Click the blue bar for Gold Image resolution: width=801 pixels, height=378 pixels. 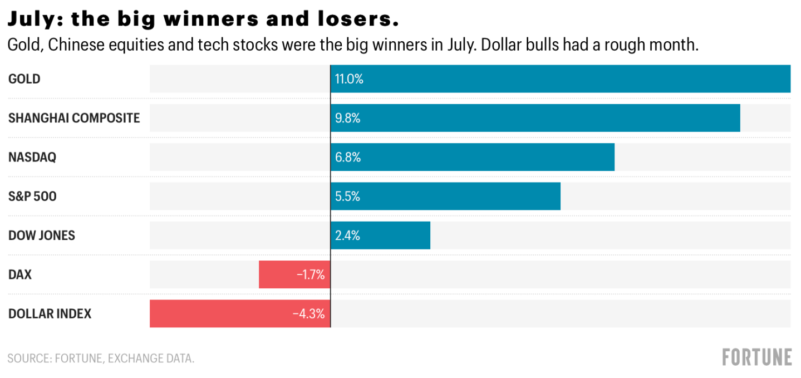click(x=560, y=79)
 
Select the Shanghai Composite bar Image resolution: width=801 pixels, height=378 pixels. click(x=535, y=118)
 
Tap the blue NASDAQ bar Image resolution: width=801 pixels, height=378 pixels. click(x=472, y=157)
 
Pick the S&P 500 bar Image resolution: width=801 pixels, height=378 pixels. click(x=445, y=196)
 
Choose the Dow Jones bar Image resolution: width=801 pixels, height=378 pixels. click(x=380, y=235)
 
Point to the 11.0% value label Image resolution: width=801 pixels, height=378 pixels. click(x=349, y=79)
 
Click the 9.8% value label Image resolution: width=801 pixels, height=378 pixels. click(x=348, y=118)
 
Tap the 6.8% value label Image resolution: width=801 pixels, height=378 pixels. click(x=348, y=158)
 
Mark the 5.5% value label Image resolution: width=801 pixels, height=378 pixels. click(x=348, y=197)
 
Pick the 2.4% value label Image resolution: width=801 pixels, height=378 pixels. click(x=348, y=235)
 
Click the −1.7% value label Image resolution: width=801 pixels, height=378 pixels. click(x=311, y=274)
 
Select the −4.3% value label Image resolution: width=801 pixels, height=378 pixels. click(x=308, y=313)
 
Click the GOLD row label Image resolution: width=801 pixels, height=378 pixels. click(x=24, y=79)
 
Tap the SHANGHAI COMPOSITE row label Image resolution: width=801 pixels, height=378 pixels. click(x=74, y=118)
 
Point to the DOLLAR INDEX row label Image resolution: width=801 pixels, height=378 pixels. click(x=50, y=313)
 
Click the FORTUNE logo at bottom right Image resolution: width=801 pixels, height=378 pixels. click(x=757, y=357)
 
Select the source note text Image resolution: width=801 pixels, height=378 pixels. click(x=101, y=358)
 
